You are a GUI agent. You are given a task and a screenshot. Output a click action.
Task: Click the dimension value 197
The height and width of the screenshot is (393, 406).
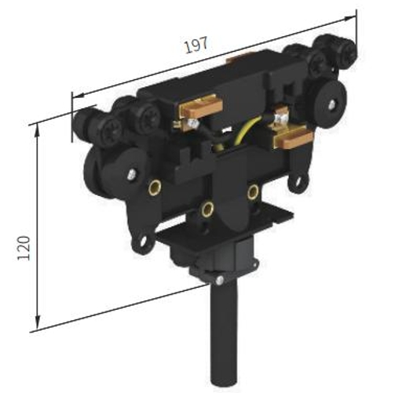point(196,45)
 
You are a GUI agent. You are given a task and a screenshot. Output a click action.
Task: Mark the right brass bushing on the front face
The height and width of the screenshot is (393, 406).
point(252,191)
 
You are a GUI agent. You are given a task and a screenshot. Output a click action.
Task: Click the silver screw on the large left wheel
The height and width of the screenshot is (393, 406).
point(130,174)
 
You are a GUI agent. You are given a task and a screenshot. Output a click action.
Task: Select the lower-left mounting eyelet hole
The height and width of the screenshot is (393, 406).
point(141,246)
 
